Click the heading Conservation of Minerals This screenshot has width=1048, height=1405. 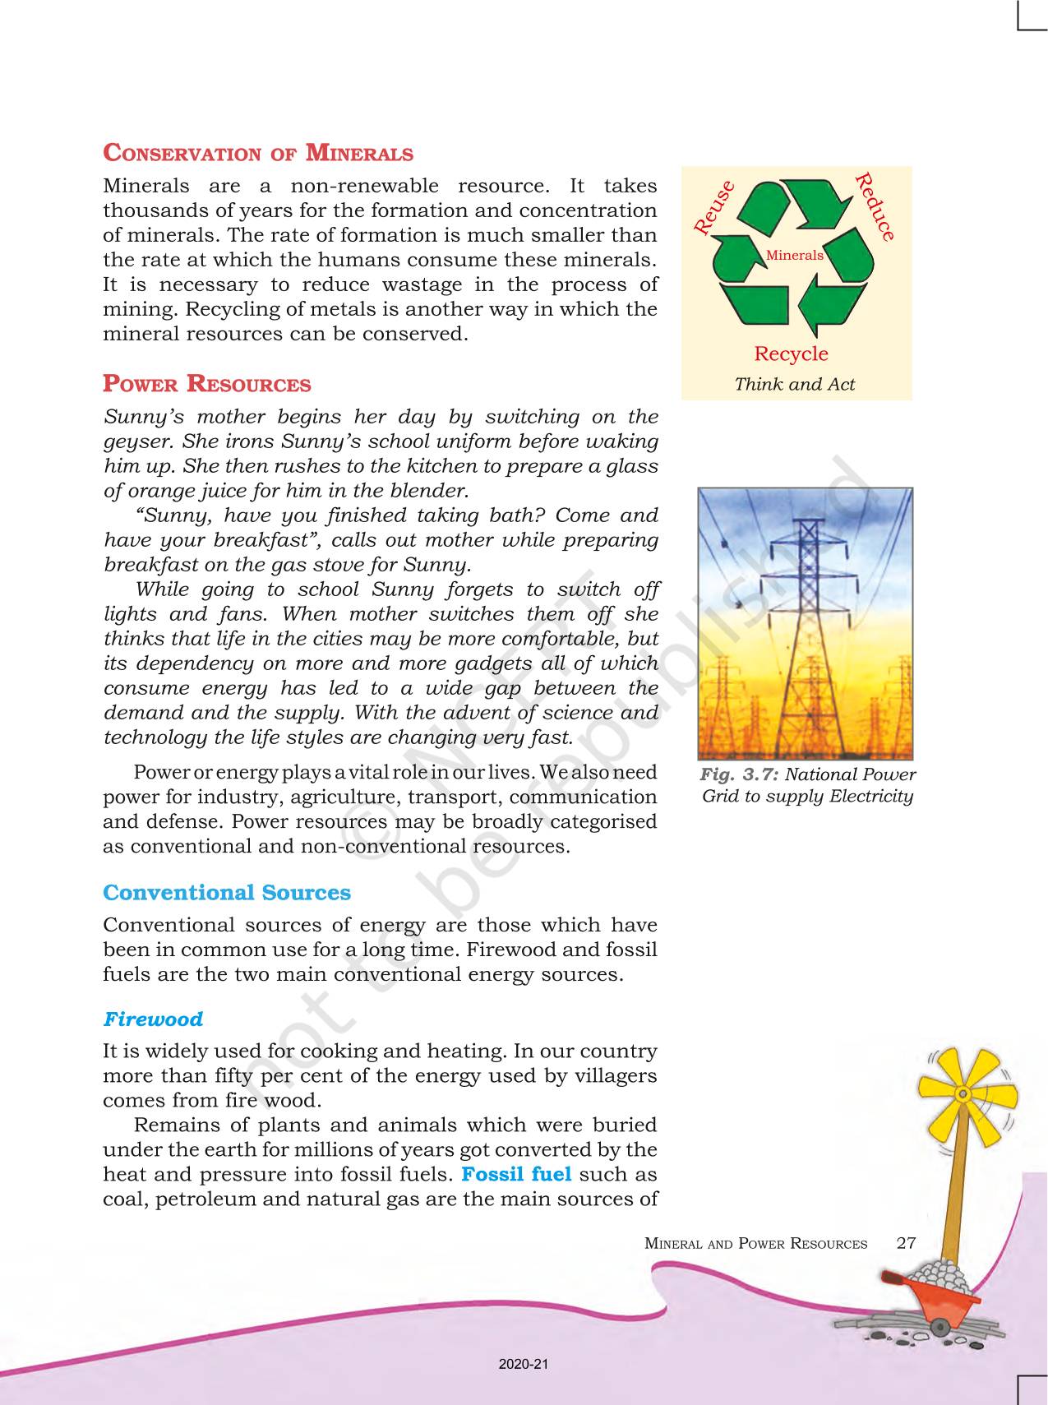coord(257,154)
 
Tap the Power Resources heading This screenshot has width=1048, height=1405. coord(206,385)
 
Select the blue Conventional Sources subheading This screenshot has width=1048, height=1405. coord(226,893)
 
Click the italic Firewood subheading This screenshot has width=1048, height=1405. coord(153,1019)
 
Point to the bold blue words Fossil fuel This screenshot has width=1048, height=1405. coord(516,1174)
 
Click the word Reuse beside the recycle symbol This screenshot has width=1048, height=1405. coord(713,209)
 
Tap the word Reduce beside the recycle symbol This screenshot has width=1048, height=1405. coord(875,207)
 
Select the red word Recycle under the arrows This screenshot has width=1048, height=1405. coord(791,354)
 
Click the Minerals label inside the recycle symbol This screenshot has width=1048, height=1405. coord(794,255)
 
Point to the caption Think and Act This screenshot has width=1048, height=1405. coord(794,384)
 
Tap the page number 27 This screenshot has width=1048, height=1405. coord(906,1243)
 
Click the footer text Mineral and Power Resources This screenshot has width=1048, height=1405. coord(755,1244)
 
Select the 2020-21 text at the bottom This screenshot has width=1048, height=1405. coord(523,1365)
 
